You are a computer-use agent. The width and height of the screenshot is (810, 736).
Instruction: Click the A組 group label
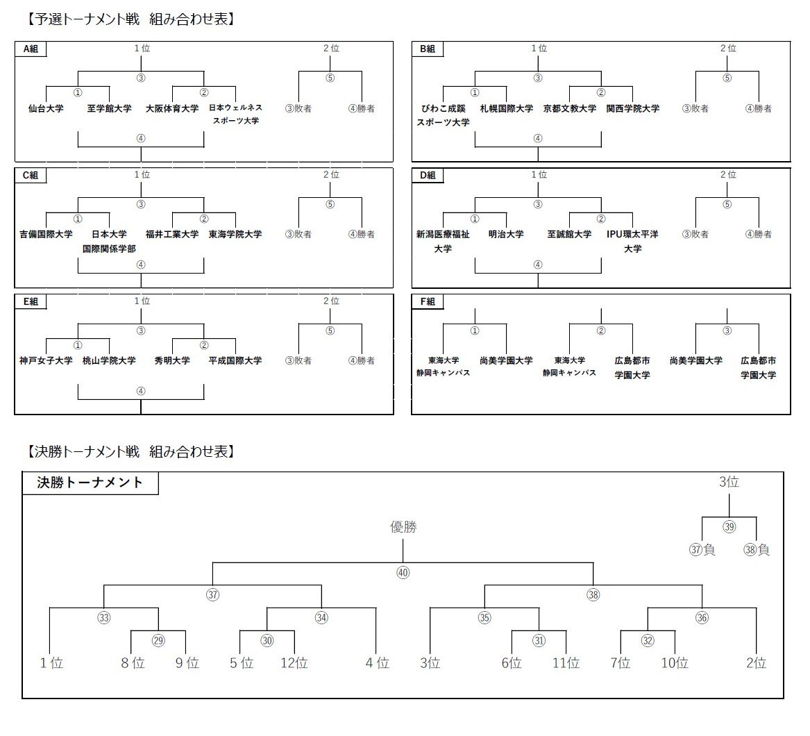31,49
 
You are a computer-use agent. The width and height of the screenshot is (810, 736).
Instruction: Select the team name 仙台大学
46,109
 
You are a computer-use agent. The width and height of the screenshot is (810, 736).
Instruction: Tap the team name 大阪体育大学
172,109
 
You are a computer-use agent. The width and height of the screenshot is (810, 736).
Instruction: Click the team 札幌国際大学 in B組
507,109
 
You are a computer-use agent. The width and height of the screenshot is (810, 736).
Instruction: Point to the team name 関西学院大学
633,109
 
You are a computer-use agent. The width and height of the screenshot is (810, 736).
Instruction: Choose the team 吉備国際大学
46,235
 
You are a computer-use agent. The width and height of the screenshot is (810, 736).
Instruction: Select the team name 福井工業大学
172,235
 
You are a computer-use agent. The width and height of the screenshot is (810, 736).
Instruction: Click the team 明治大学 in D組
506,235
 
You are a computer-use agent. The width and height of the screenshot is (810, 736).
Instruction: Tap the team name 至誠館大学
569,235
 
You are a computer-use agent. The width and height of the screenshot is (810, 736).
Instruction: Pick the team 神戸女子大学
46,361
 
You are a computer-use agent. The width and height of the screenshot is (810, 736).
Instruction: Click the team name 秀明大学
172,361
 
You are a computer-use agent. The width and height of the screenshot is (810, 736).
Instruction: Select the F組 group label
428,302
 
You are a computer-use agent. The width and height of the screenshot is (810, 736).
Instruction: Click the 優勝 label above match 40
403,527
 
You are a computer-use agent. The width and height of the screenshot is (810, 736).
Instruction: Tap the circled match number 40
403,573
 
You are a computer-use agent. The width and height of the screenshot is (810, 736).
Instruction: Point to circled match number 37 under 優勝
212,595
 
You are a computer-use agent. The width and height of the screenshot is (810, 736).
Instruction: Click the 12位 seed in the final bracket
294,664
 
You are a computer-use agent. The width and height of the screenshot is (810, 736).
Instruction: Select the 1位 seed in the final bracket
51,664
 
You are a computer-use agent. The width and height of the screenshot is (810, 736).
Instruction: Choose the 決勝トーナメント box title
90,483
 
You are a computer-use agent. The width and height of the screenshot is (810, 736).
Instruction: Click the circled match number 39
729,527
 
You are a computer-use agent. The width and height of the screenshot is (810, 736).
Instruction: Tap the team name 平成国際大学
235,361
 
